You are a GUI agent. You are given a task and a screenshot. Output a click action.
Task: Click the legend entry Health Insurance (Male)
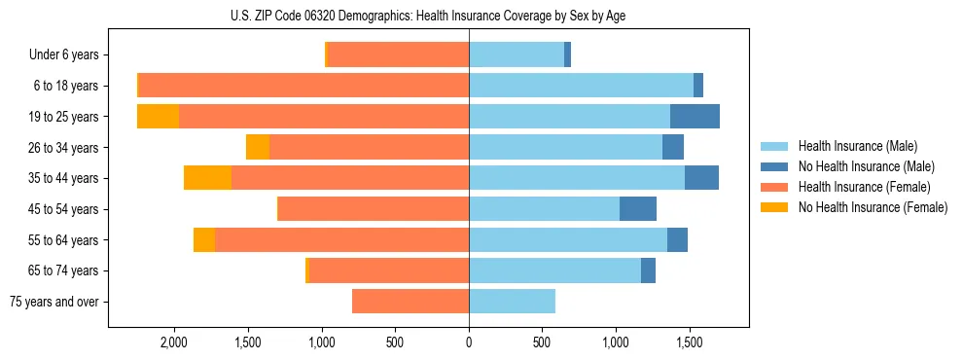[x=852, y=147]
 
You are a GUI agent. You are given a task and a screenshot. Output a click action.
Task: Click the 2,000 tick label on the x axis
[x=174, y=342]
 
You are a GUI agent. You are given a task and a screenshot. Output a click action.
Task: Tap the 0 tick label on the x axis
[x=469, y=342]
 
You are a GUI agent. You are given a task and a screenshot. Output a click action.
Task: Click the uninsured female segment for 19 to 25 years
[x=158, y=116]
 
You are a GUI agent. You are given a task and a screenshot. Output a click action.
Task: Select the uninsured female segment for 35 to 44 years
[x=207, y=178]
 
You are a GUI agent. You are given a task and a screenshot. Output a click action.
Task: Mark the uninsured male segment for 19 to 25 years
[x=695, y=116]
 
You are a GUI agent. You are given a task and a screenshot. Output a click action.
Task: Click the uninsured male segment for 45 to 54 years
[x=638, y=208]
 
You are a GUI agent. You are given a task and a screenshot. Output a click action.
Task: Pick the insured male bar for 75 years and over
[x=512, y=302]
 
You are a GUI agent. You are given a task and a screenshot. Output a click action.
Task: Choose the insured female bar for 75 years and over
[x=410, y=302]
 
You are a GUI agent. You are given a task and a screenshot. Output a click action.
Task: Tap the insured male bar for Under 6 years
[x=517, y=54]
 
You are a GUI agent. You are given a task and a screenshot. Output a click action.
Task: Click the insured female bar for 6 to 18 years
[x=304, y=86]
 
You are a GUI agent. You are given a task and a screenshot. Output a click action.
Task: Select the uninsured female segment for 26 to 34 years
[x=258, y=147]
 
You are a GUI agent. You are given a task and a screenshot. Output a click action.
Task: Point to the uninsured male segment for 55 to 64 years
[x=677, y=239]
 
